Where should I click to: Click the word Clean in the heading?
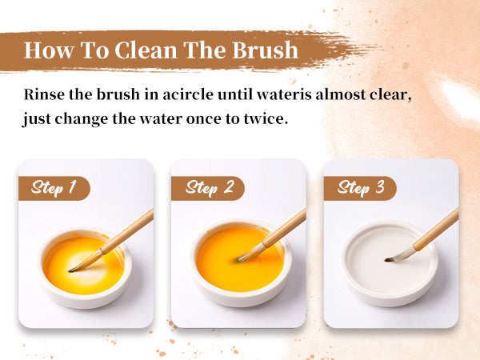pyautogui.click(x=146, y=50)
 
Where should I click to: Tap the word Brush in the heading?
pyautogui.click(x=265, y=50)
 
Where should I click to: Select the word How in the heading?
pyautogui.click(x=49, y=50)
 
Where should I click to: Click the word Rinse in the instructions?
pyautogui.click(x=44, y=94)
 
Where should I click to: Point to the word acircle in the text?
pyautogui.click(x=188, y=94)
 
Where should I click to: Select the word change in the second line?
pyautogui.click(x=81, y=119)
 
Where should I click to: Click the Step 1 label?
pyautogui.click(x=54, y=188)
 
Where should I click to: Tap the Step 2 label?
pyautogui.click(x=207, y=188)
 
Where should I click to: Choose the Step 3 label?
pyautogui.click(x=360, y=188)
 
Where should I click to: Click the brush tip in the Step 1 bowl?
pyautogui.click(x=70, y=270)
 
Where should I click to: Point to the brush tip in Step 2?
pyautogui.click(x=239, y=260)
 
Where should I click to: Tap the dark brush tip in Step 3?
pyautogui.click(x=387, y=260)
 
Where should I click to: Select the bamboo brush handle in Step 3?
pyautogui.click(x=436, y=229)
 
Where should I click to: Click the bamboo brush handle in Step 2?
pyautogui.click(x=284, y=228)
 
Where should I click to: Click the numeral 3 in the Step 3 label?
pyautogui.click(x=379, y=186)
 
